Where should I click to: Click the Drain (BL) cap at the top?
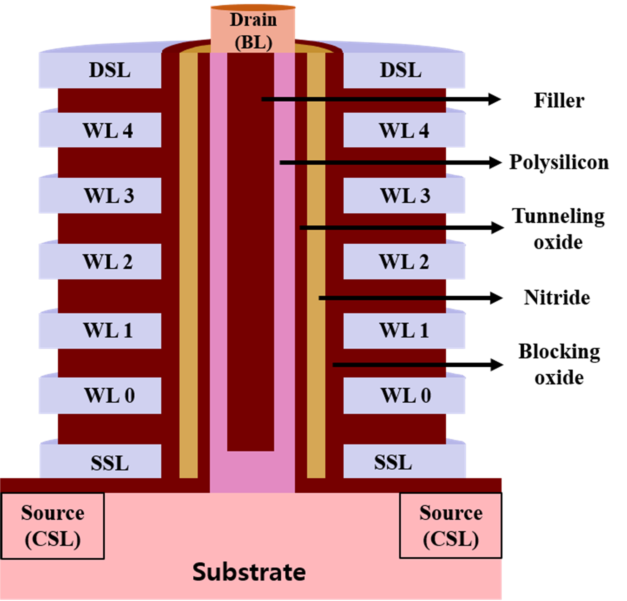(253, 30)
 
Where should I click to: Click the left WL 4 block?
(100, 130)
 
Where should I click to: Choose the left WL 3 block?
(100, 195)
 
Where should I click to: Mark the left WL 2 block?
(100, 261)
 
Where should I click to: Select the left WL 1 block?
(100, 330)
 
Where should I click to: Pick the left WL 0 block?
(100, 395)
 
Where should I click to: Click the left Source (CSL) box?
(53, 526)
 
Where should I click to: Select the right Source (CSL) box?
(450, 526)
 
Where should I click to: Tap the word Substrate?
(249, 572)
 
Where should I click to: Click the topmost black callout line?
(354, 99)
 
